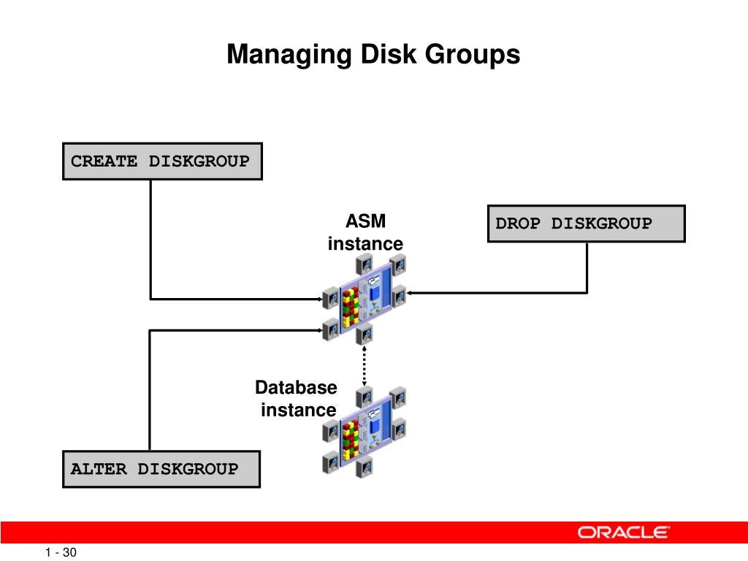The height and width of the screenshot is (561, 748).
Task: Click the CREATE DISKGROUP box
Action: [161, 161]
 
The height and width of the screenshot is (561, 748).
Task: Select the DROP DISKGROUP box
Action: [586, 224]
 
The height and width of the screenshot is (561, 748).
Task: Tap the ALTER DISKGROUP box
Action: [161, 469]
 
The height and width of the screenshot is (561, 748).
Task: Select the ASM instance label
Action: [365, 232]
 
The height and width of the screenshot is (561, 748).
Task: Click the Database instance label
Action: [297, 398]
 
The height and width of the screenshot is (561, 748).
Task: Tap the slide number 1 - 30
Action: [61, 553]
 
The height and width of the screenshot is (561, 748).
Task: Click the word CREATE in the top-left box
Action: [104, 161]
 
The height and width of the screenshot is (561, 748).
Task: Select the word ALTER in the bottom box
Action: [99, 469]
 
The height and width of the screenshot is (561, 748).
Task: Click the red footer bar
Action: [292, 533]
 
